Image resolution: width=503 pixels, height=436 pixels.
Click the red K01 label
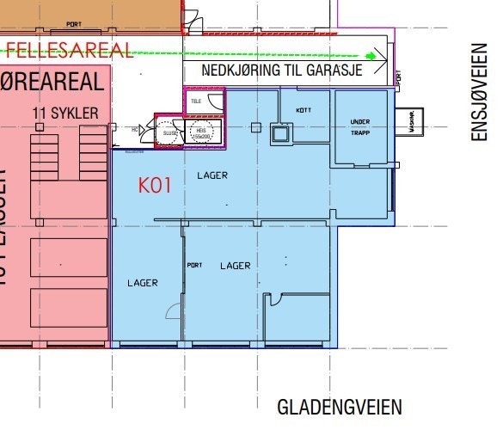pyautogui.click(x=156, y=183)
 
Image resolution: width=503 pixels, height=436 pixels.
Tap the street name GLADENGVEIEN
pyautogui.click(x=339, y=407)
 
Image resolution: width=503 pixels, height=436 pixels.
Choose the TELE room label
pyautogui.click(x=196, y=100)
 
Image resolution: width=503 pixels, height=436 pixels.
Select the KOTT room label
pyautogui.click(x=303, y=110)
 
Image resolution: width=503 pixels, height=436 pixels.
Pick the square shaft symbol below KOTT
pyautogui.click(x=279, y=132)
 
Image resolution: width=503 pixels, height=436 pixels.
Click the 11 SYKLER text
pyautogui.click(x=64, y=113)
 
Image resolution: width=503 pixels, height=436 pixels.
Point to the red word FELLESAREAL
pyautogui.click(x=70, y=49)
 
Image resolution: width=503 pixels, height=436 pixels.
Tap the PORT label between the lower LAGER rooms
pyautogui.click(x=195, y=265)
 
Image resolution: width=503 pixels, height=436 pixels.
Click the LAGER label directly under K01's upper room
pyautogui.click(x=212, y=175)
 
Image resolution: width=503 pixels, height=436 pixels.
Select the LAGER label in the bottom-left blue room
pyautogui.click(x=143, y=283)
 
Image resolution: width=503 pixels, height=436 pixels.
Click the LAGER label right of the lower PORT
pyautogui.click(x=235, y=266)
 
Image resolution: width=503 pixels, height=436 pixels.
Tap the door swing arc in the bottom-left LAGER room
pyautogui.click(x=173, y=310)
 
